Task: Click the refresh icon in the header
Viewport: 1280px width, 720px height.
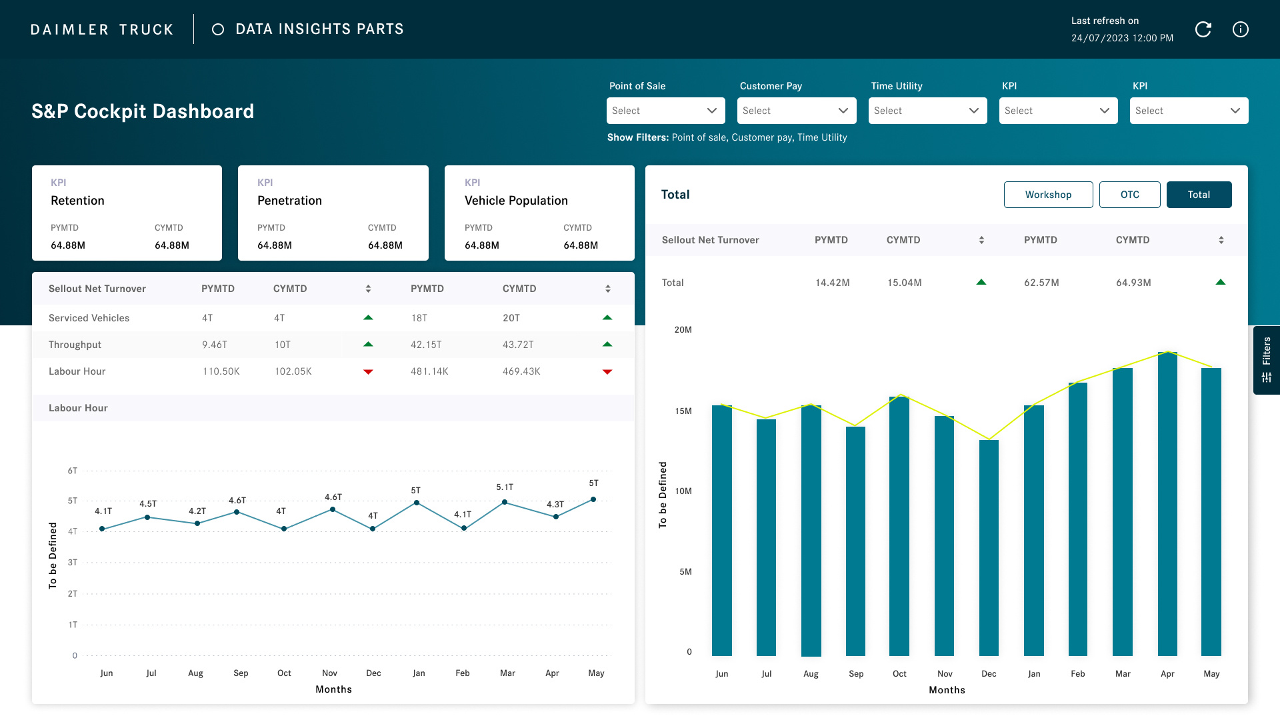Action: (x=1203, y=29)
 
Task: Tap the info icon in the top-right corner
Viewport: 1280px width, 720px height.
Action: (x=1240, y=29)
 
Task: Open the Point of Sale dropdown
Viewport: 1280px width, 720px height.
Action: (x=665, y=111)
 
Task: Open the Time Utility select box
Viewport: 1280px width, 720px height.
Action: (x=927, y=111)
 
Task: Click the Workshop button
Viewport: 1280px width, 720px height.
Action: (x=1048, y=195)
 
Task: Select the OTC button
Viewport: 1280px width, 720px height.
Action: (x=1129, y=195)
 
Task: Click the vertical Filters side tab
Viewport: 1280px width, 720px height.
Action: (x=1266, y=360)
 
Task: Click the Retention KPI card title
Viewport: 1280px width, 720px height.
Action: (x=77, y=201)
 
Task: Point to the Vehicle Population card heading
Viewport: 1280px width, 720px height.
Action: (x=516, y=201)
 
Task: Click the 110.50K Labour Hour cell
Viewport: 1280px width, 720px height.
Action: (x=221, y=371)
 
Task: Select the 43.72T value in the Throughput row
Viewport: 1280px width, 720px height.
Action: (x=518, y=345)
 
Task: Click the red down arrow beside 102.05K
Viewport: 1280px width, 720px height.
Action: (x=368, y=372)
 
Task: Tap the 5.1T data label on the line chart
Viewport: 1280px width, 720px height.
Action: (x=505, y=487)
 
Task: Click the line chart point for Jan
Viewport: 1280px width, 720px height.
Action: (x=417, y=503)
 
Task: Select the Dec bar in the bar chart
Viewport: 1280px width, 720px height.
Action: (x=989, y=547)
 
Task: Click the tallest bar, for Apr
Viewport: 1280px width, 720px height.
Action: (x=1167, y=503)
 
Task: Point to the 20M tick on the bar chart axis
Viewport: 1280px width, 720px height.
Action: (x=683, y=330)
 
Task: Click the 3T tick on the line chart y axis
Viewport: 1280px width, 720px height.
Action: (x=73, y=563)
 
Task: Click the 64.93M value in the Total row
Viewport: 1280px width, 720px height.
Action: (x=1133, y=283)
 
